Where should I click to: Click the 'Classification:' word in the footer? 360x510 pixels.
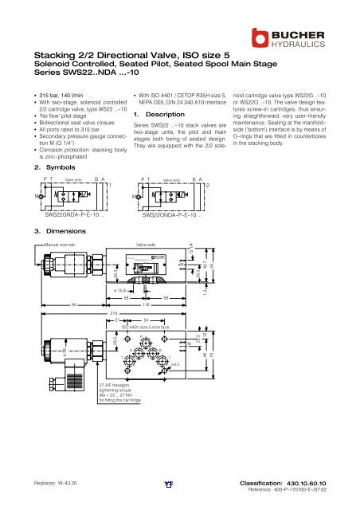268,483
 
